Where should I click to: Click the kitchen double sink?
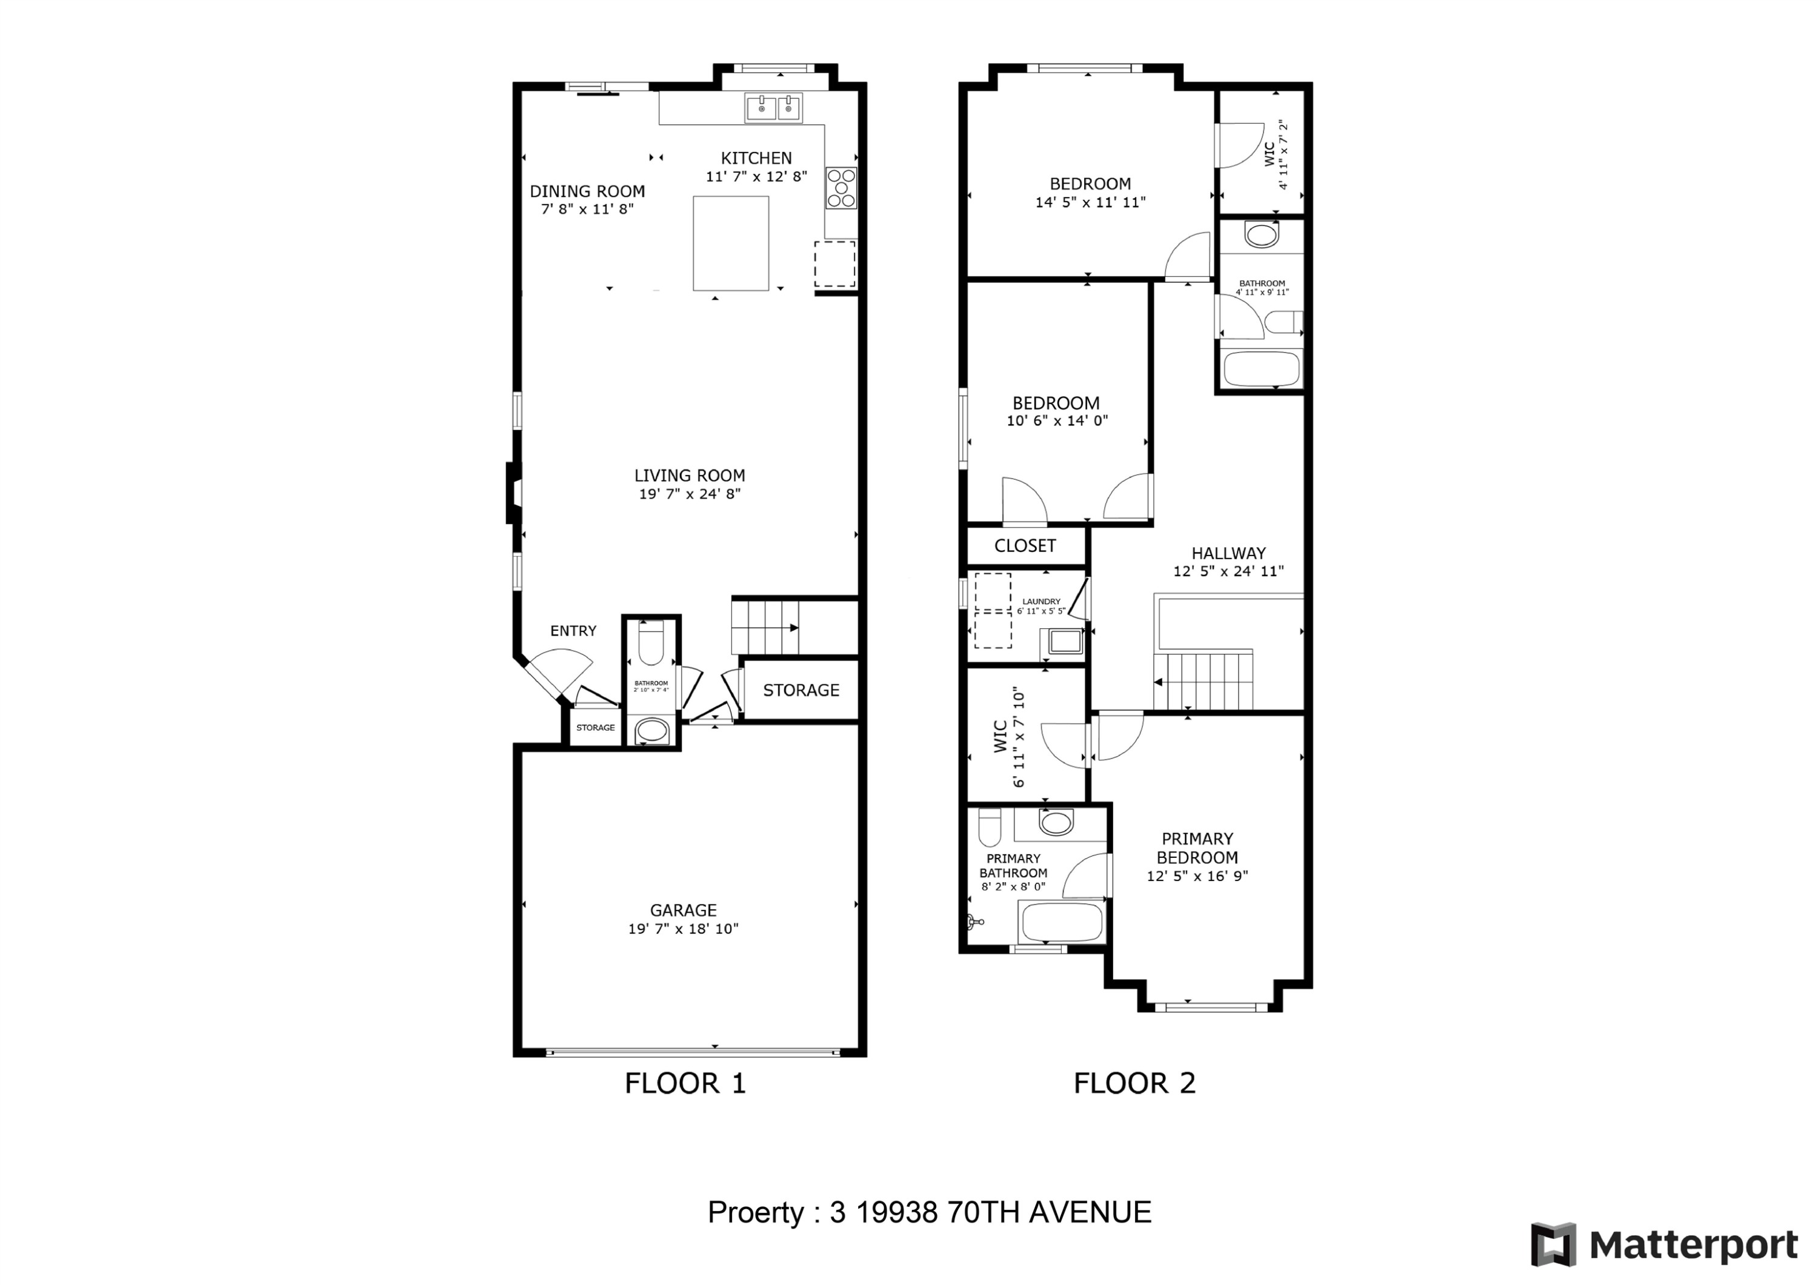(773, 108)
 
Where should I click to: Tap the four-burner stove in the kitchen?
(841, 188)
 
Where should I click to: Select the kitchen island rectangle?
(731, 243)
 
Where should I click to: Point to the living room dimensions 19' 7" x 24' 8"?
(690, 494)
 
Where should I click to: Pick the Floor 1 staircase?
(765, 627)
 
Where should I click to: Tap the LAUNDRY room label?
(1041, 602)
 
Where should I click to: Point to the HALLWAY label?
(1228, 553)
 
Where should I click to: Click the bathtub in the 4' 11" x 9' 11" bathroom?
(1261, 369)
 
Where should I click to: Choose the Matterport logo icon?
(1553, 1244)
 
